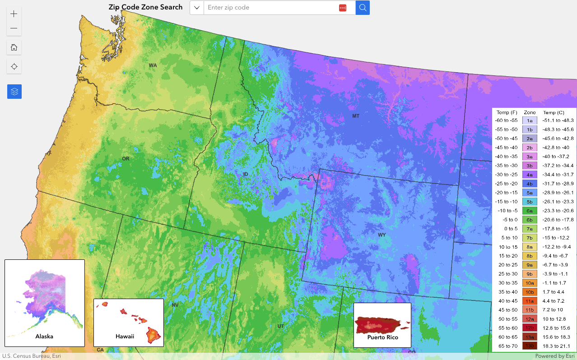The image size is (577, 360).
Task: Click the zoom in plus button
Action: click(x=14, y=14)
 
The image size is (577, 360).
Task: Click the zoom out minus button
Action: click(x=14, y=28)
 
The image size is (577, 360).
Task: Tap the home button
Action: click(x=14, y=47)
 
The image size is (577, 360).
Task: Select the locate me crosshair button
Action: click(x=14, y=67)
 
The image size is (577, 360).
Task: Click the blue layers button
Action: click(x=14, y=92)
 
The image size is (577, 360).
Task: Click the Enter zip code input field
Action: click(x=271, y=8)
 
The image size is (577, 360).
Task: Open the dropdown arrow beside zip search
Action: click(x=197, y=8)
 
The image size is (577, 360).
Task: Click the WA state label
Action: click(x=153, y=65)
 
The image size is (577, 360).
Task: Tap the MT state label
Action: click(x=356, y=116)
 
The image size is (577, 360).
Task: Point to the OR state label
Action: click(x=126, y=158)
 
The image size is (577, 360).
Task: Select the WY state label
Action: click(x=382, y=235)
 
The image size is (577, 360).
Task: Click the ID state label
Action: click(x=246, y=174)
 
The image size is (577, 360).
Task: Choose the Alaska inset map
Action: click(x=45, y=303)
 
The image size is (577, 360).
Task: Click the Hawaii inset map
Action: click(x=128, y=322)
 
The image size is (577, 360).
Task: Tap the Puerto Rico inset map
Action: click(x=382, y=325)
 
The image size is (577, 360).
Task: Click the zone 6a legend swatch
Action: click(x=530, y=211)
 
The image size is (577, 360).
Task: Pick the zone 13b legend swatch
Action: click(x=530, y=346)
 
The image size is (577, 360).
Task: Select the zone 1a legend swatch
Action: click(x=530, y=120)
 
